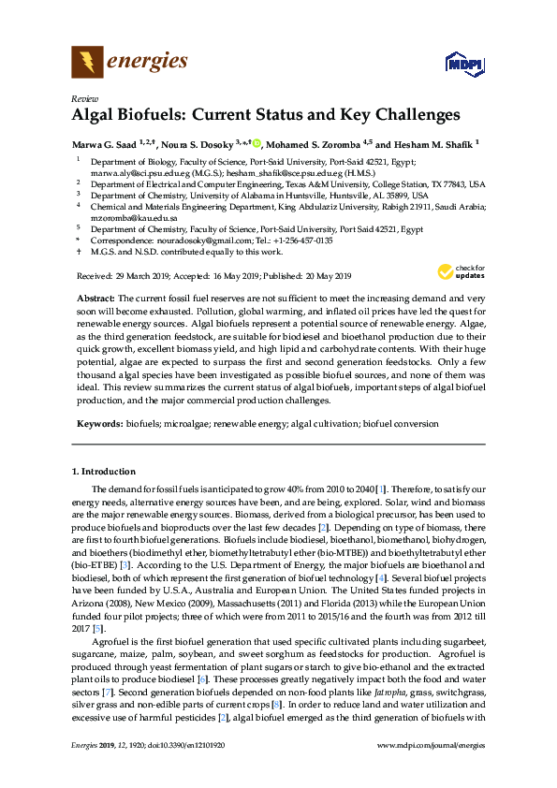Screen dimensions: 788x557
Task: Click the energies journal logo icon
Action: click(87, 63)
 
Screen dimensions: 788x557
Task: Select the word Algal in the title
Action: click(95, 116)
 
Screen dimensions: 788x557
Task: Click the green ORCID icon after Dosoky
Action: click(257, 144)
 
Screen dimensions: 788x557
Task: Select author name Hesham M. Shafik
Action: click(435, 144)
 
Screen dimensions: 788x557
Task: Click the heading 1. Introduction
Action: click(104, 471)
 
